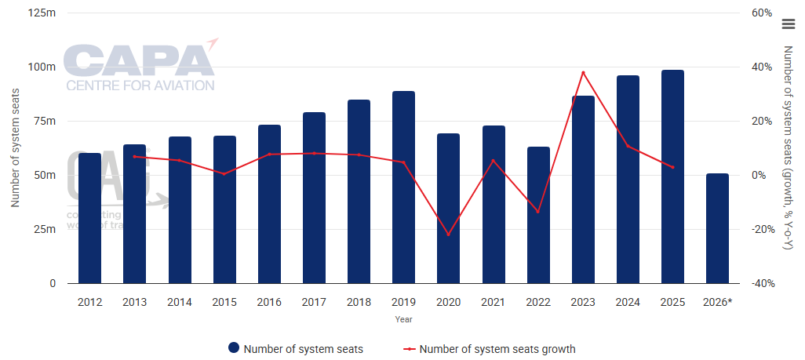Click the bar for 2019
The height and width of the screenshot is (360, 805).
tap(403, 187)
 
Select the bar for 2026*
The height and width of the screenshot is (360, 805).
tap(717, 228)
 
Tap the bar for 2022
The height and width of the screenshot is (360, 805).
tap(538, 215)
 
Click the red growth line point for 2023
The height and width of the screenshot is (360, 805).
tap(583, 73)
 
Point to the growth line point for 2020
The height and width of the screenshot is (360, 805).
tap(448, 235)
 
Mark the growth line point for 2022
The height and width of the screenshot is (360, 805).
tap(538, 212)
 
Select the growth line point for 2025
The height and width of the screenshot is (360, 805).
tap(672, 167)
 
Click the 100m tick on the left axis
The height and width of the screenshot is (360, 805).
tap(42, 67)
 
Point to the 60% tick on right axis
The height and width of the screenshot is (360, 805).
tap(763, 13)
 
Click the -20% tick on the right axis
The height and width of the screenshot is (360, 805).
tap(761, 230)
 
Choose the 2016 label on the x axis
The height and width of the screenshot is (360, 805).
tap(269, 302)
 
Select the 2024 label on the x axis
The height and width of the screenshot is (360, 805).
tap(628, 302)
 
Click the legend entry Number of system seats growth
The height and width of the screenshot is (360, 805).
tap(497, 349)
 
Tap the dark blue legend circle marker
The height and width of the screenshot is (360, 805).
tap(233, 349)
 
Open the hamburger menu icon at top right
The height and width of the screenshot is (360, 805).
tap(789, 24)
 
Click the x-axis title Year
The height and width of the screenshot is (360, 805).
tap(403, 319)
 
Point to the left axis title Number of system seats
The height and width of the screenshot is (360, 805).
tap(15, 148)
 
